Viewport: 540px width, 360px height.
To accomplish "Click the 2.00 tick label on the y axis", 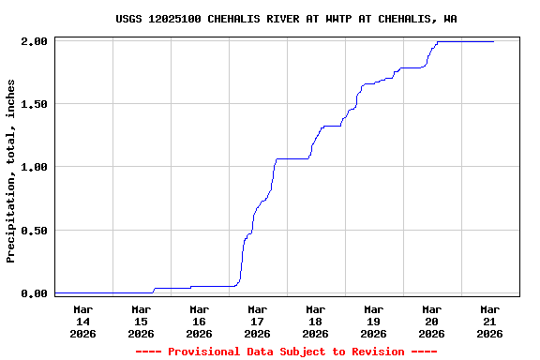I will pos(34,41).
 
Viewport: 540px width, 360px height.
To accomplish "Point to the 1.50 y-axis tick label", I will pos(34,104).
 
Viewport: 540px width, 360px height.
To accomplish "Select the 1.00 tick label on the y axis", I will pos(34,167).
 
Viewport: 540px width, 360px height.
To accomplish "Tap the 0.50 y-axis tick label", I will pos(34,231).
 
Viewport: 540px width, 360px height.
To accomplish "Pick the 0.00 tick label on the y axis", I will pos(34,293).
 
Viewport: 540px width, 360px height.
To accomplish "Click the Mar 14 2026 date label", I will pos(82,321).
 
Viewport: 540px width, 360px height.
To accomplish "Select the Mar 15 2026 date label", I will pos(141,321).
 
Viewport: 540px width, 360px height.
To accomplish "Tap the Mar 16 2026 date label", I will pos(199,321).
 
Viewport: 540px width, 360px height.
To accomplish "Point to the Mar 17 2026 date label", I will pos(257,321).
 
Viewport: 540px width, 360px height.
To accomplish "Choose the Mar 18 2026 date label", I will pos(315,321).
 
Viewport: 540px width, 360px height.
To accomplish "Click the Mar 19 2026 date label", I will pos(373,321).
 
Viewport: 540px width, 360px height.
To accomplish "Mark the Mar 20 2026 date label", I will pos(431,321).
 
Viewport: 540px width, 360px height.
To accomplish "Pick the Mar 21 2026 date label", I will pos(489,321).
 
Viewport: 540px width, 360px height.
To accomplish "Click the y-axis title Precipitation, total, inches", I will pos(11,171).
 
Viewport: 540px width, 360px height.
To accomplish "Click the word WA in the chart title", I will pos(451,19).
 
